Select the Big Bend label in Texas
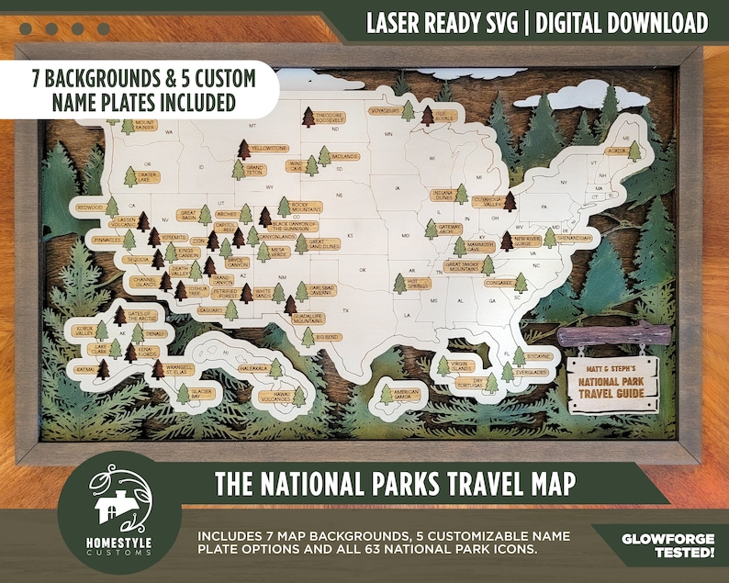[328, 337]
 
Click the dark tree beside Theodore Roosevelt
[308, 118]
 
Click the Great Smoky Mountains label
[464, 267]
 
